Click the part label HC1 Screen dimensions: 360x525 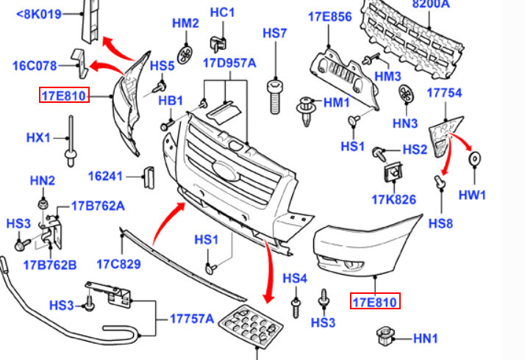tap(221, 13)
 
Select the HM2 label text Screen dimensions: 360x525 tap(185, 24)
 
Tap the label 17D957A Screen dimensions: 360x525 tap(229, 63)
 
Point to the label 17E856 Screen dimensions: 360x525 tap(329, 15)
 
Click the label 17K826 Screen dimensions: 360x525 tap(393, 200)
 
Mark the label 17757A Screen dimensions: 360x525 tap(192, 319)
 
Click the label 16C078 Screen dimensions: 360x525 tap(34, 65)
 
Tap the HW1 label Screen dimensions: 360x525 tap(473, 195)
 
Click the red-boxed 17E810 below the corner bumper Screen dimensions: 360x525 tap(374, 301)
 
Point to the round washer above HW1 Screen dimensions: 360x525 tap(474, 157)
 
